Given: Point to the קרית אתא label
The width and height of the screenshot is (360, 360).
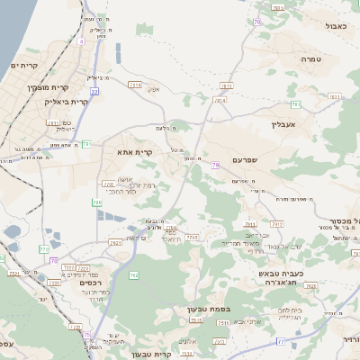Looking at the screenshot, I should coord(135,152).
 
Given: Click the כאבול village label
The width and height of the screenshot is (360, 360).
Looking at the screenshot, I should coord(336,26).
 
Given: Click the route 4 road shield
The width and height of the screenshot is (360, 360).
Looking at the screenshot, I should coord(81,40).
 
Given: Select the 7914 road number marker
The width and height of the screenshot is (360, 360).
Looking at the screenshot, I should coord(220,100).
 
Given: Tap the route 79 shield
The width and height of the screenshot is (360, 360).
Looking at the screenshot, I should coord(216,166).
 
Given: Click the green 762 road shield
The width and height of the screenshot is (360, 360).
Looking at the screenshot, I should coord(133,274).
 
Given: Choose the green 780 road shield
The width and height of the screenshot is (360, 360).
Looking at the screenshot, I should coord(96,203).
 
